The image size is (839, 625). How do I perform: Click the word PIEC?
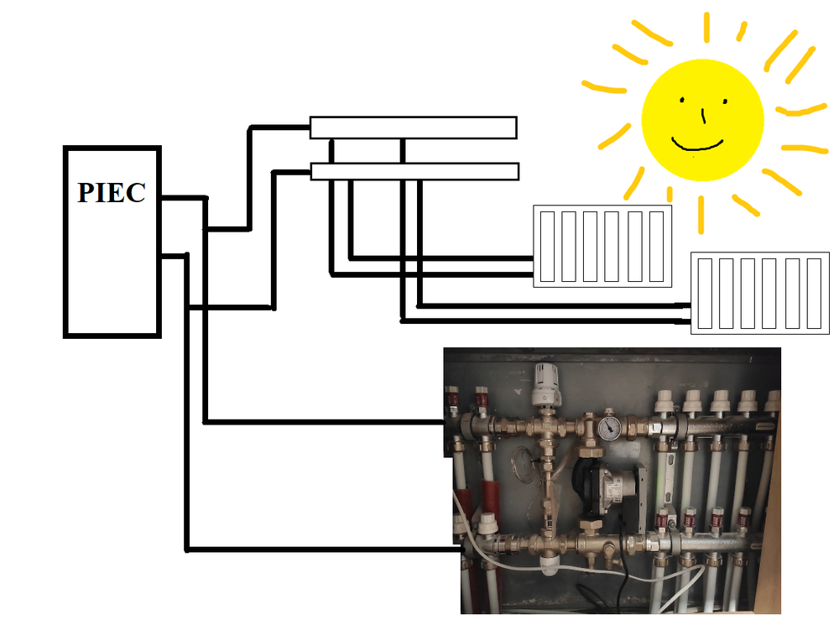pyautogui.click(x=112, y=192)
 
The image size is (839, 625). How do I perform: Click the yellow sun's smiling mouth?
pyautogui.click(x=697, y=143)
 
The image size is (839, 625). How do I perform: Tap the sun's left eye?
pyautogui.click(x=684, y=103)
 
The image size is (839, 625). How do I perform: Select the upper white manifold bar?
pyautogui.click(x=413, y=128)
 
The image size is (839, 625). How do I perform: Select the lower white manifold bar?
pyautogui.click(x=414, y=172)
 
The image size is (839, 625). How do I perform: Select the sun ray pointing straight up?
pyautogui.click(x=706, y=27)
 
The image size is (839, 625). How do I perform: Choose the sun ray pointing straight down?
pyautogui.click(x=701, y=213)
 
